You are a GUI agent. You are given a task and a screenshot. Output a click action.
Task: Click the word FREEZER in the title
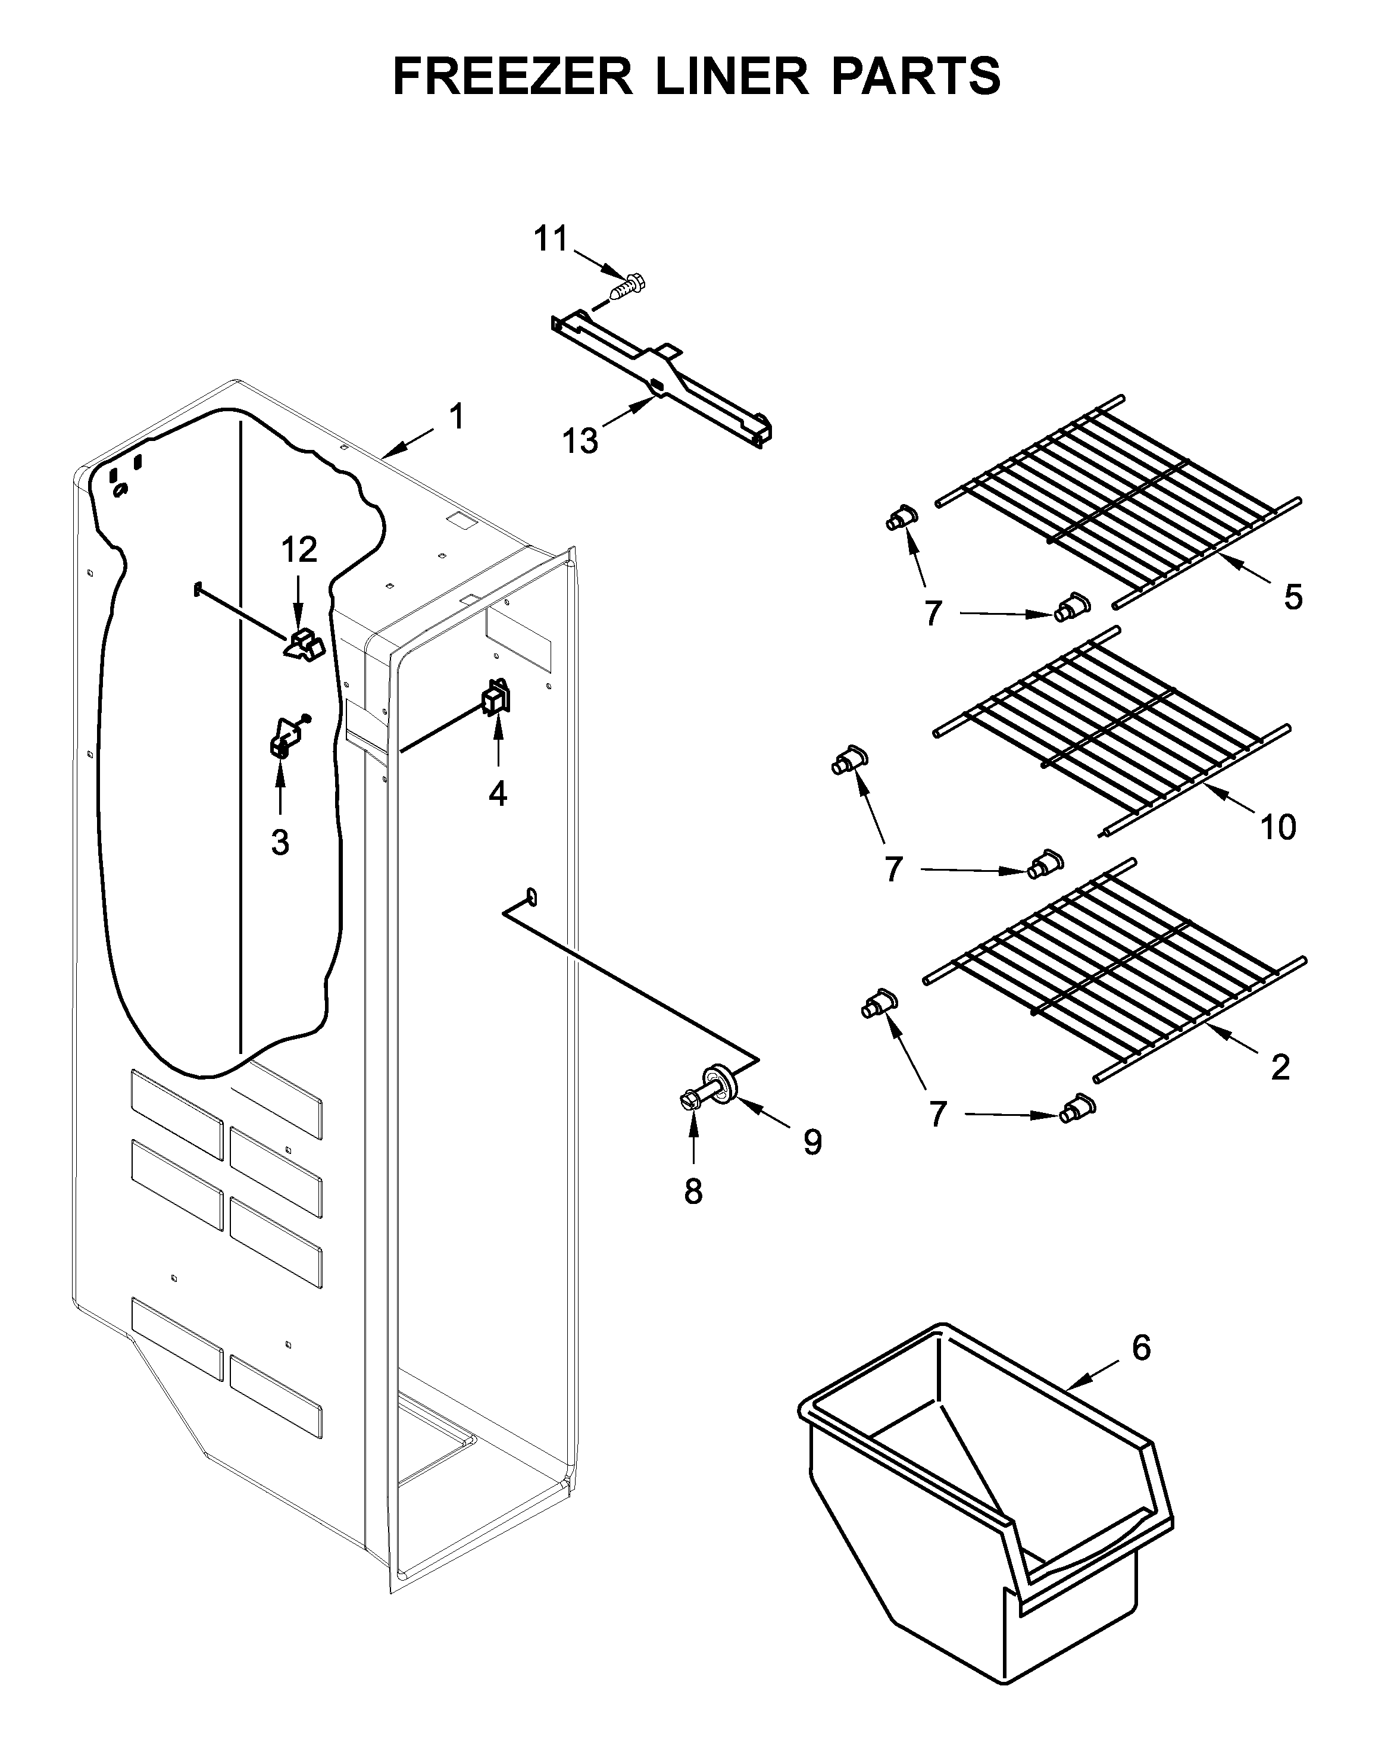[513, 77]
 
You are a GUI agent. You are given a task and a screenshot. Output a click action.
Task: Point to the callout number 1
[457, 417]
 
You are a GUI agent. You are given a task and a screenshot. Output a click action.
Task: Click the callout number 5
[1292, 598]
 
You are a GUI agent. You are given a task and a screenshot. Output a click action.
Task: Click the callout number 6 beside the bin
[1141, 1348]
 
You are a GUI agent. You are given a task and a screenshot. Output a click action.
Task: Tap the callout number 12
[299, 550]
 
